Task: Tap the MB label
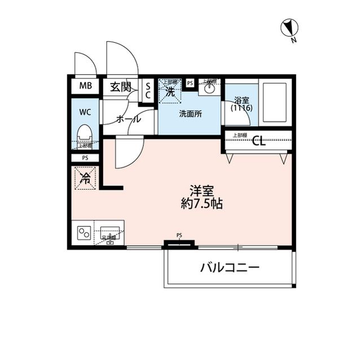tap(85, 86)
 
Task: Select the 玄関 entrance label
tap(120, 87)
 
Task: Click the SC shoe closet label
tap(148, 90)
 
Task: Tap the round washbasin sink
tap(210, 88)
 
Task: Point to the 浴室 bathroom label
tap(241, 103)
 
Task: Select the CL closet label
tap(259, 141)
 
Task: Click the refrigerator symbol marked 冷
tap(85, 179)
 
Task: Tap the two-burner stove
tap(85, 233)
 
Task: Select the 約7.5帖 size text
tap(201, 205)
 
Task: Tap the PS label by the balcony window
tap(179, 235)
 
